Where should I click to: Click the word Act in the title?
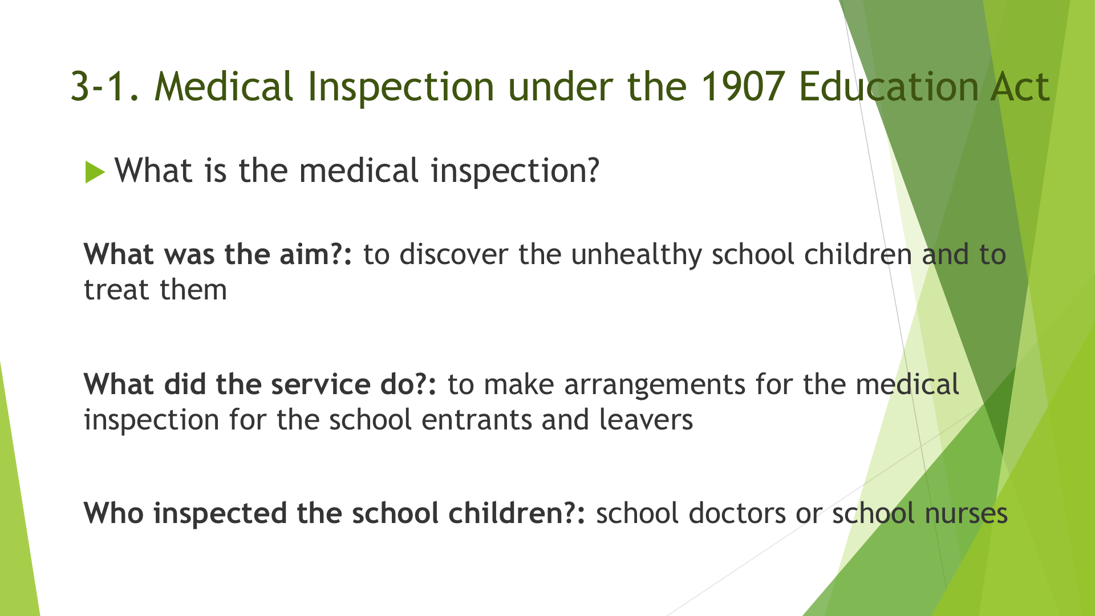[1020, 87]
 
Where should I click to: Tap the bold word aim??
[316, 254]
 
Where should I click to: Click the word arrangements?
[655, 386]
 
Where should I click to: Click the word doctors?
[737, 513]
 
